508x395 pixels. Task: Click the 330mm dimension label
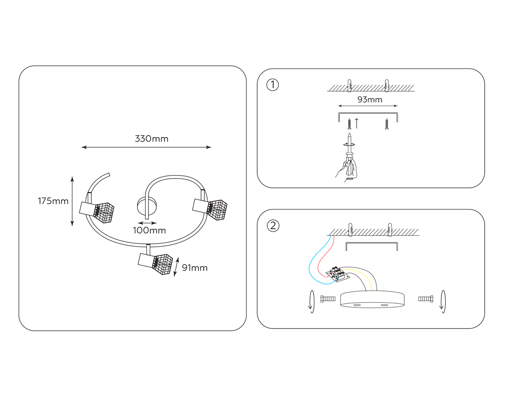151,139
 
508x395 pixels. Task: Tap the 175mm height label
53,201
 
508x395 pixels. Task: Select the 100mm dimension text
149,231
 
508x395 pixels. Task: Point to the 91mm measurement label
195,268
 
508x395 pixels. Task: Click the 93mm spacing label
370,100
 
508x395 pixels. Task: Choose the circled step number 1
273,85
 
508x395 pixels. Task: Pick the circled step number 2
273,226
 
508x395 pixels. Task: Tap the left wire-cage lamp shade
104,213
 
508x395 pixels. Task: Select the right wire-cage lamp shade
217,210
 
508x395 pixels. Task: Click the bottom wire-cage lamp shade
163,264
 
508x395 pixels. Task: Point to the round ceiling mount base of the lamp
147,206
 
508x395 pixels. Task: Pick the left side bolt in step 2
327,299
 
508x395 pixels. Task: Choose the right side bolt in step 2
426,299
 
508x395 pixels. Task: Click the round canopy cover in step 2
372,300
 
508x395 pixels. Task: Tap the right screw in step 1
387,124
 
